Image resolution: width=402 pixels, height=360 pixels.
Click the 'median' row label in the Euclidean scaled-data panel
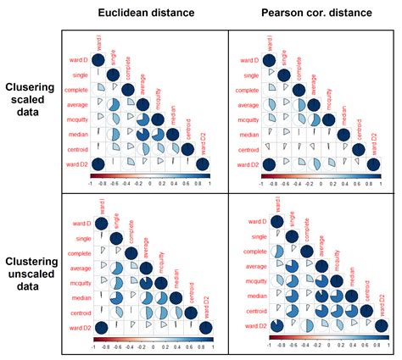77,134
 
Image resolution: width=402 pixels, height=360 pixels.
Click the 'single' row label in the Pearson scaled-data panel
246,75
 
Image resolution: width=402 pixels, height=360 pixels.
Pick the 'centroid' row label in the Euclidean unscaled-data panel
75,313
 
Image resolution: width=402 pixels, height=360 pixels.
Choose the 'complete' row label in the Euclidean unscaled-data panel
75,252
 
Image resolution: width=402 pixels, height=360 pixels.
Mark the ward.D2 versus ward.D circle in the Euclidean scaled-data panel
98,163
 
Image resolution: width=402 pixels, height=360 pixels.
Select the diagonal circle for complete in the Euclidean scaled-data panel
128,89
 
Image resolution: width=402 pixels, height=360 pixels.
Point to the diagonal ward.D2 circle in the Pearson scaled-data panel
371,163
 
